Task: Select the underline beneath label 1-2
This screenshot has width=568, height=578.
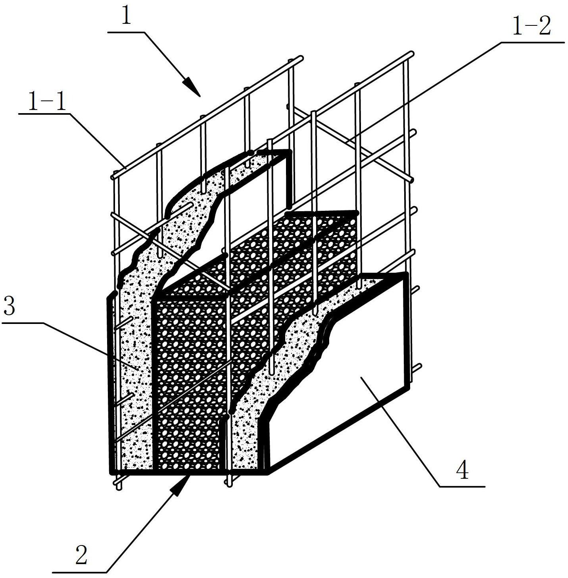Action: click(x=532, y=41)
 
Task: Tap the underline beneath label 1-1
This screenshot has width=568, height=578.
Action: click(x=44, y=114)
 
